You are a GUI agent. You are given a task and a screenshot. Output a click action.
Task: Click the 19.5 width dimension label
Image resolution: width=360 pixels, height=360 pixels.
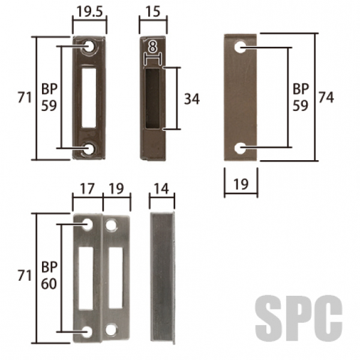[x=89, y=11]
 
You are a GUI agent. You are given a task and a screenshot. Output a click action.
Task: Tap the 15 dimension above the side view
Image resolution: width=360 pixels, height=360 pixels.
[x=153, y=11]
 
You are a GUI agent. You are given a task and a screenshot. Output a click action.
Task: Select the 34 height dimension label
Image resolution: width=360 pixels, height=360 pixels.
[x=192, y=99]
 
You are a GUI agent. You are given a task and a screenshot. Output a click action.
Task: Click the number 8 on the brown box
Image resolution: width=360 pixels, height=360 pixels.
[x=152, y=47]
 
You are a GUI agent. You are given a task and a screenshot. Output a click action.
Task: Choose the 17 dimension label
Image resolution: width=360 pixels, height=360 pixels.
[x=87, y=189]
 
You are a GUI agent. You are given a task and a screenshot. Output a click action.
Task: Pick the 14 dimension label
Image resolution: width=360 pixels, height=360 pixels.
[x=161, y=189]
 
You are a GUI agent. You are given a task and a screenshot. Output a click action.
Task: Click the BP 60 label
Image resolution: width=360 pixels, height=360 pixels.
[x=49, y=275]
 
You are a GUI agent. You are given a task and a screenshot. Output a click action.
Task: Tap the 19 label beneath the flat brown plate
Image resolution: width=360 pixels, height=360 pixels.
[x=241, y=184]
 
